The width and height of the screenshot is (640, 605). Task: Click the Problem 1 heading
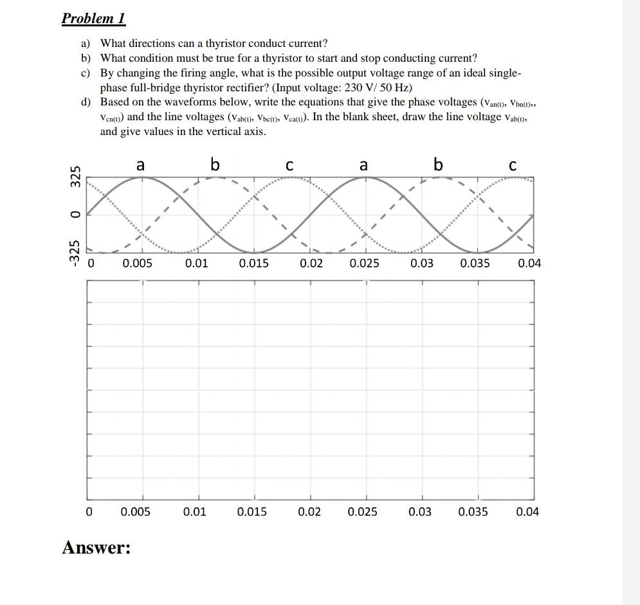[x=93, y=18]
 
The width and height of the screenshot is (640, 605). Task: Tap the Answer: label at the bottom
[x=96, y=548]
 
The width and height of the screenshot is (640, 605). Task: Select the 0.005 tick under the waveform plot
[x=137, y=263]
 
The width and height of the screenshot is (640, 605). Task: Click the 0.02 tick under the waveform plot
[x=311, y=263]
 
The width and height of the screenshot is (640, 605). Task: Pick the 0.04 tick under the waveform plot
[x=529, y=263]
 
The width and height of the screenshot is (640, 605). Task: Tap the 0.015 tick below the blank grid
[x=252, y=512]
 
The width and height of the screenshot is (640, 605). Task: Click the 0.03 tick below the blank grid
[x=420, y=512]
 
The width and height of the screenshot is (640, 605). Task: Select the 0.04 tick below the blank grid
[x=527, y=512]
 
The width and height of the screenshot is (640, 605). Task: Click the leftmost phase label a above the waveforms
[x=140, y=165]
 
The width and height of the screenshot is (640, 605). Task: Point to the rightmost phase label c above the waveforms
[x=512, y=166]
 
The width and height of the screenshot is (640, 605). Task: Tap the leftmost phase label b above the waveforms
[x=215, y=165]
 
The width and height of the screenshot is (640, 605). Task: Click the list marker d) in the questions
[x=86, y=102]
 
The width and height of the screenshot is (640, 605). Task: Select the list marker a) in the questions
[x=86, y=43]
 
